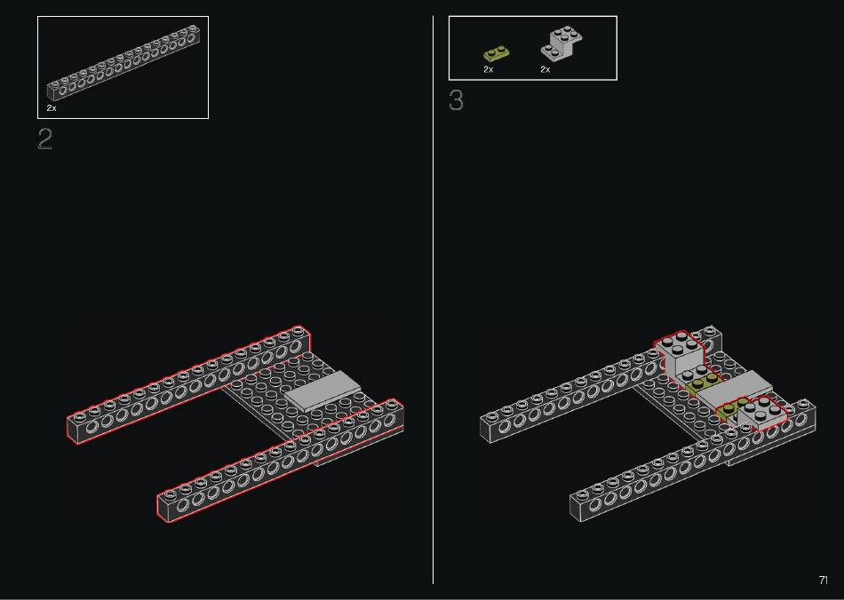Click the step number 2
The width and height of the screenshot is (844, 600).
[45, 138]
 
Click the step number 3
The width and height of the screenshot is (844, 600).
[456, 100]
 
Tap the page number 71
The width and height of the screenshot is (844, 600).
[823, 580]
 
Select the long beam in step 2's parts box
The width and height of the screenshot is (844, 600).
[123, 63]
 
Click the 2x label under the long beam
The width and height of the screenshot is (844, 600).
[52, 108]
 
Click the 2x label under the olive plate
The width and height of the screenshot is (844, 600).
[489, 69]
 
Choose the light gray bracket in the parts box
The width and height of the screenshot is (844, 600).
[561, 43]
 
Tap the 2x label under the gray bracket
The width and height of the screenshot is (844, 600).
[545, 69]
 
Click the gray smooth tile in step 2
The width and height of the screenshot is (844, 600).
[322, 391]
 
